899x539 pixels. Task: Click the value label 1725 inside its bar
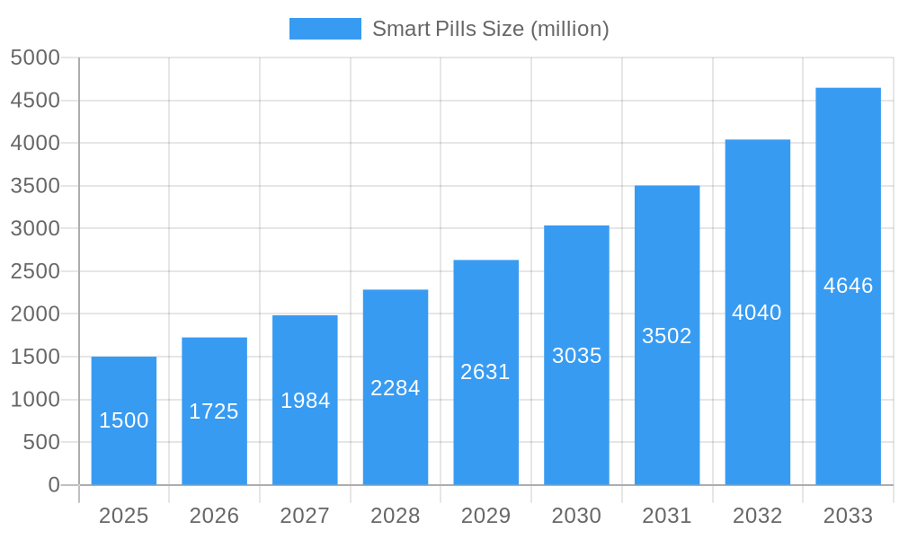[x=214, y=411]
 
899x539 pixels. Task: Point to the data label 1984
[x=306, y=401]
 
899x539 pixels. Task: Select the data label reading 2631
[x=485, y=372]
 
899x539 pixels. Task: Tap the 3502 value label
[x=667, y=336]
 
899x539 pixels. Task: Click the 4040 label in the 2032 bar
[x=757, y=313]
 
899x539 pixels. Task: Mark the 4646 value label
[x=848, y=286]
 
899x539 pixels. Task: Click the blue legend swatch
[x=325, y=29]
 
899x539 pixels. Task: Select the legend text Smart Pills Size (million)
[x=490, y=29]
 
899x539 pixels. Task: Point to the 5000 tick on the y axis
[x=35, y=57]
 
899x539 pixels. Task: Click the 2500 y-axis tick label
[x=35, y=271]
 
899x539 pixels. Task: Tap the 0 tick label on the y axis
[x=53, y=485]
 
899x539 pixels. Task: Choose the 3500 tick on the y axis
[x=35, y=186]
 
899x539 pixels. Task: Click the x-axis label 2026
[x=214, y=516]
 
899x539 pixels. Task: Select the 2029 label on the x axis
[x=485, y=516]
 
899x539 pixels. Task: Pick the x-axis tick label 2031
[x=667, y=516]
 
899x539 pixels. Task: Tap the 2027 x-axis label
[x=305, y=516]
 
